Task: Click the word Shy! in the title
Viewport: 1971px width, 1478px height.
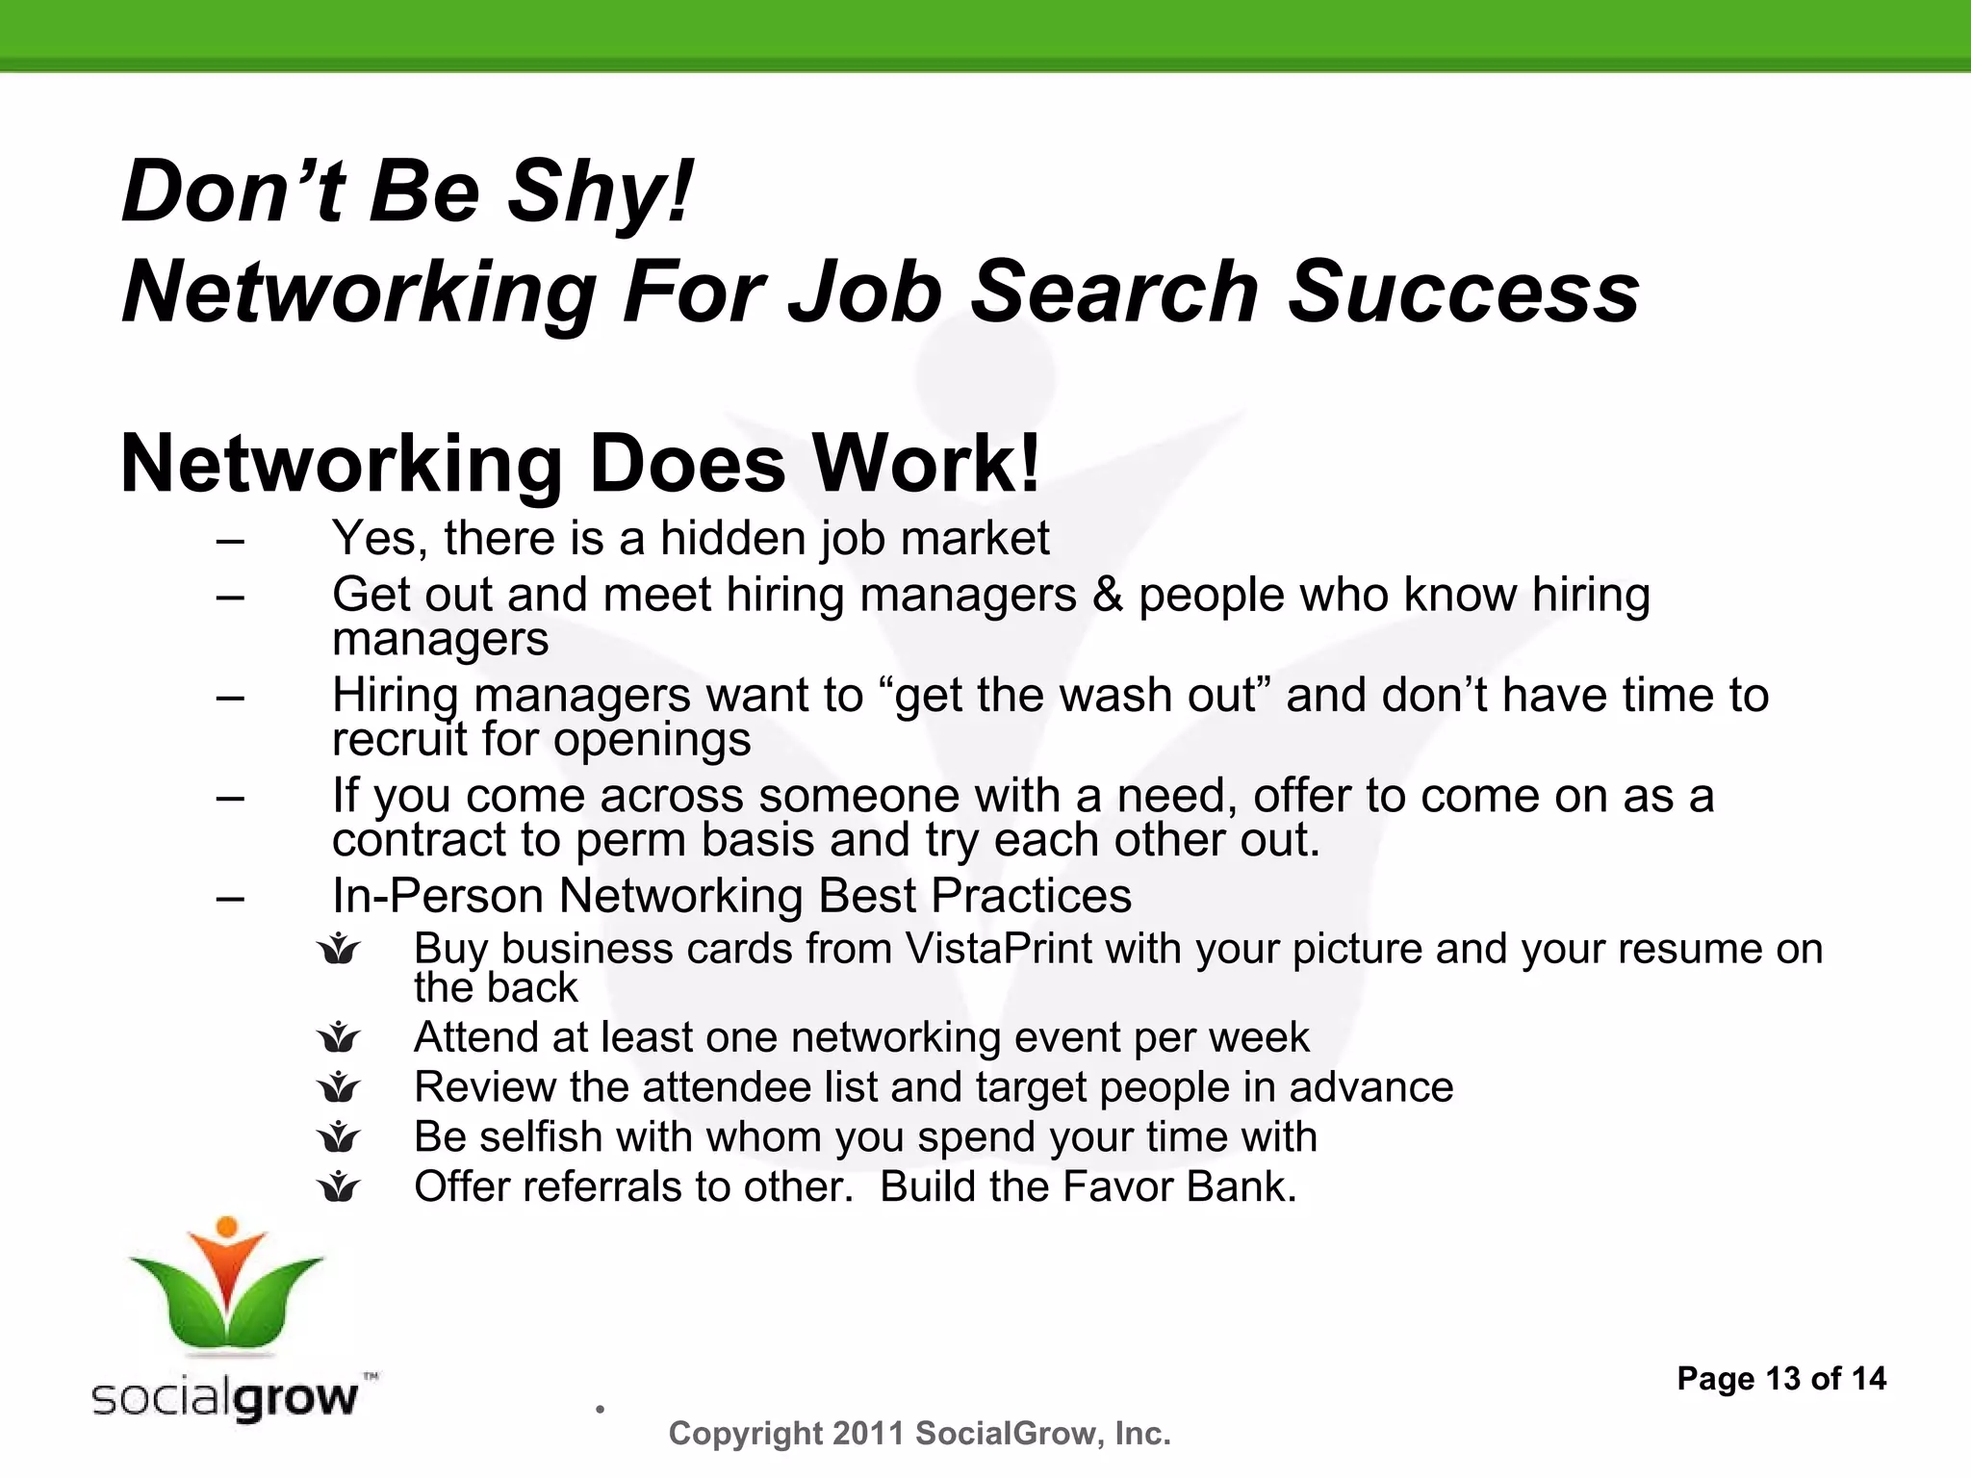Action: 599,191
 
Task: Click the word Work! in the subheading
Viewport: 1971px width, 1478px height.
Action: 926,464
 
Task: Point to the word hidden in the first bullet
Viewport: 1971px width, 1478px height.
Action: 732,538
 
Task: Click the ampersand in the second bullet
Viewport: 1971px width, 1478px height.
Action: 1108,595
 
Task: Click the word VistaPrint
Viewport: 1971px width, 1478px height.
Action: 998,949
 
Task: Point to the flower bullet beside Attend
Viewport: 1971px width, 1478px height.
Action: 339,1037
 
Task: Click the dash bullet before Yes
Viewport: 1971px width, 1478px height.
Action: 230,540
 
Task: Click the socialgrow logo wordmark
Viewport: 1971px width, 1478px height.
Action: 225,1397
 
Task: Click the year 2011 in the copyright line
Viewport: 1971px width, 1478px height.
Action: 868,1434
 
